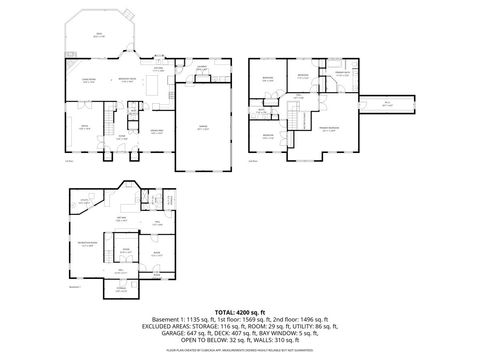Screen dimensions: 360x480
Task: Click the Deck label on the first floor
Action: point(98,33)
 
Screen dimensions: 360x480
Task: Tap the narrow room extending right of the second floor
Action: point(387,103)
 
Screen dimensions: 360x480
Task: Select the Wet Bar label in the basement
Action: point(122,218)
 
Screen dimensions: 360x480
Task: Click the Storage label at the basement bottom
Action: point(121,289)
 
